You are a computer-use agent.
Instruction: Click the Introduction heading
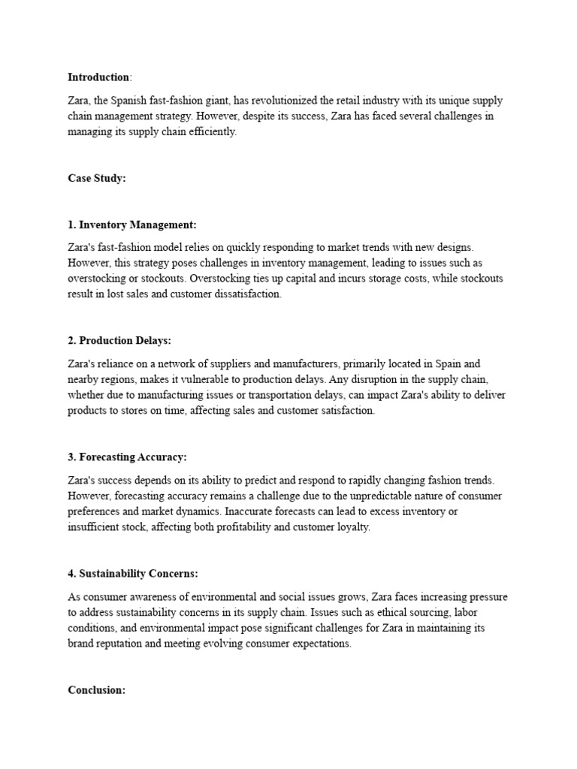[x=98, y=77]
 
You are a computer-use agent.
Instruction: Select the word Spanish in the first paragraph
[x=131, y=100]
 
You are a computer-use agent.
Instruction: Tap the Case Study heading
[x=96, y=178]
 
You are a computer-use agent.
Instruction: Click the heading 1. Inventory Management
[x=132, y=225]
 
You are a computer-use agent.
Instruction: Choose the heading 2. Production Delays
[x=119, y=340]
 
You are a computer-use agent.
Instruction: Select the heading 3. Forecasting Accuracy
[x=127, y=457]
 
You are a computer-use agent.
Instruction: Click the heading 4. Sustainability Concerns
[x=132, y=574]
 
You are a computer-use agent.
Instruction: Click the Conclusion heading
[x=97, y=690]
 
